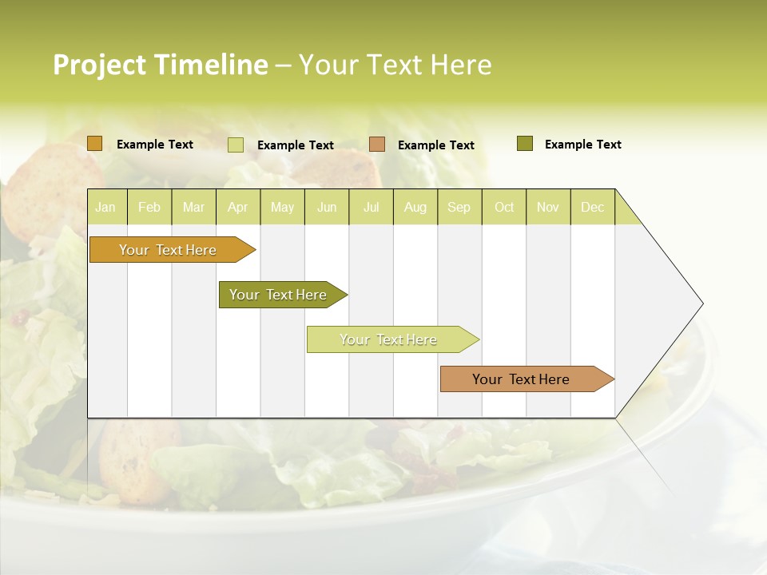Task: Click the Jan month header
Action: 105,208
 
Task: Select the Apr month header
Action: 237,208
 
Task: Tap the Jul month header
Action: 371,208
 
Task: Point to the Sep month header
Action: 459,208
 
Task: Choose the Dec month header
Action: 592,208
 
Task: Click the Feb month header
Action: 149,208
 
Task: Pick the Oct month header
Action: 504,208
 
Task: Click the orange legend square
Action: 95,144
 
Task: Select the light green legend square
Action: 236,145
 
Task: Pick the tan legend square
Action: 377,145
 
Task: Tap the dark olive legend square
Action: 525,144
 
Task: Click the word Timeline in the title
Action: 210,65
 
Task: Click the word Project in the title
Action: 99,65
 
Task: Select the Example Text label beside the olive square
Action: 582,145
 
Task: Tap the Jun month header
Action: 327,208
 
